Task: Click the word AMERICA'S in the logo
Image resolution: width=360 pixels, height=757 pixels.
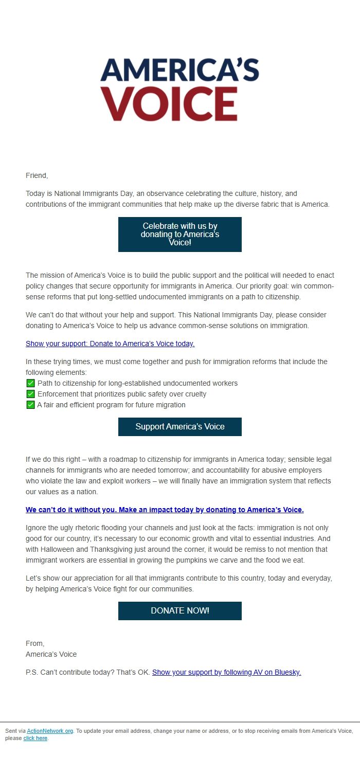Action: tap(179, 70)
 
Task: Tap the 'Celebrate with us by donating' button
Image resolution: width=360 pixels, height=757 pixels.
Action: tap(180, 235)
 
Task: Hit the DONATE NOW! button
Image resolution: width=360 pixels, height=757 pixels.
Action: tap(180, 611)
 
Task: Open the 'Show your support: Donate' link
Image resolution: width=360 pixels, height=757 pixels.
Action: tap(110, 344)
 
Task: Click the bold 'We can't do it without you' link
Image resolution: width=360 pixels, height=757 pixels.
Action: tap(165, 510)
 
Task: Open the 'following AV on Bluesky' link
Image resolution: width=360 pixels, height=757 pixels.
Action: tap(226, 672)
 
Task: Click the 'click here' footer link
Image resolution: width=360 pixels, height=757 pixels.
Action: tap(35, 738)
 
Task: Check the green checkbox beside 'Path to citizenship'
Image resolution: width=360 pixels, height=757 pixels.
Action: tap(30, 383)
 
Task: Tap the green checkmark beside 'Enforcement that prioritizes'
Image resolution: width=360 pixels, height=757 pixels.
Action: tap(30, 394)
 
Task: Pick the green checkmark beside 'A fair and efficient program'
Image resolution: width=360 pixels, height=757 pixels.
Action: tap(30, 405)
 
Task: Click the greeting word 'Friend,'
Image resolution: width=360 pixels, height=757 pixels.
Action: tap(37, 175)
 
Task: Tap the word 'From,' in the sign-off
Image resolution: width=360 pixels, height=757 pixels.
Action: tap(35, 643)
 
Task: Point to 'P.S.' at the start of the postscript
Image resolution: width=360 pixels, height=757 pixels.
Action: tap(32, 672)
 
